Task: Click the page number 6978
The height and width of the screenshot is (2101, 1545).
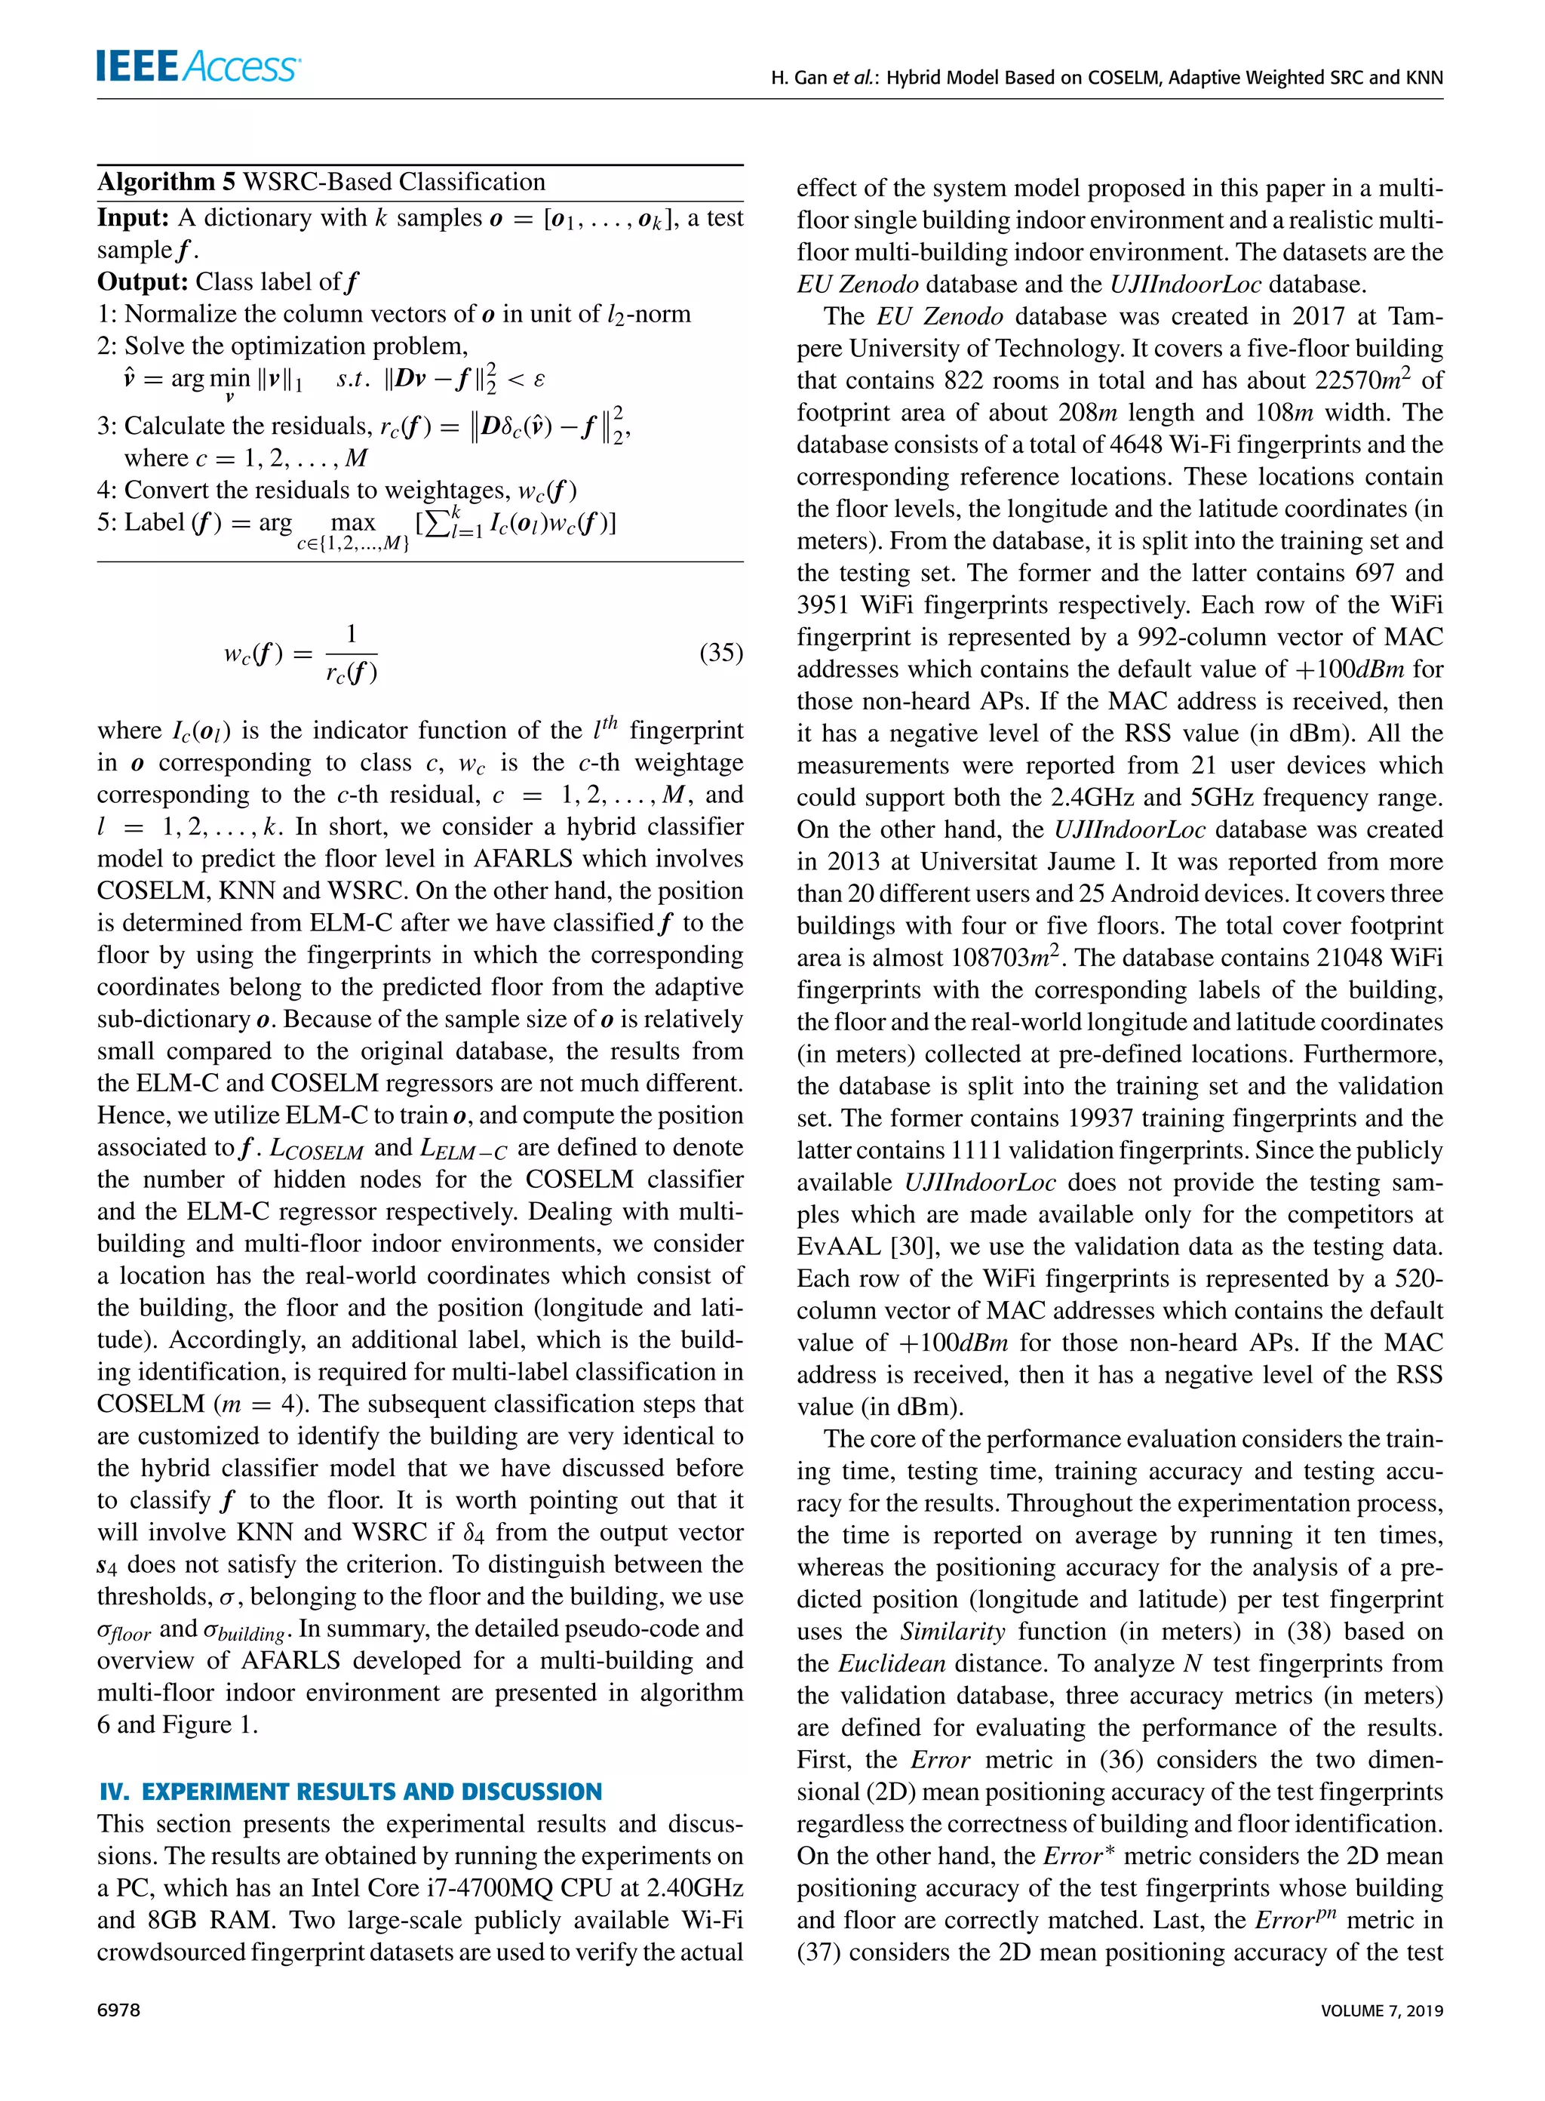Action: click(x=118, y=2010)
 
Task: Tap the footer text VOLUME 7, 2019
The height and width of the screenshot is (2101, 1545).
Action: click(x=1381, y=2010)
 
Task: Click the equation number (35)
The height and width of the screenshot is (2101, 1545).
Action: click(x=720, y=652)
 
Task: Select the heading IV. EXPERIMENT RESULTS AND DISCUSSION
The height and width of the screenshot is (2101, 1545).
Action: click(x=350, y=1792)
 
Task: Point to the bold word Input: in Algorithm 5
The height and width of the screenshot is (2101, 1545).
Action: click(x=133, y=218)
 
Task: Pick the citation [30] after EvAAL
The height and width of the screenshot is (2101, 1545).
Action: click(x=909, y=1246)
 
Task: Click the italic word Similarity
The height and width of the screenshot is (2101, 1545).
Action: click(x=952, y=1632)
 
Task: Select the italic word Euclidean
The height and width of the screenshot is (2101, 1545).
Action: click(x=891, y=1663)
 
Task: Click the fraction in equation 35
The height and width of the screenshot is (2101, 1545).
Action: click(x=351, y=653)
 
